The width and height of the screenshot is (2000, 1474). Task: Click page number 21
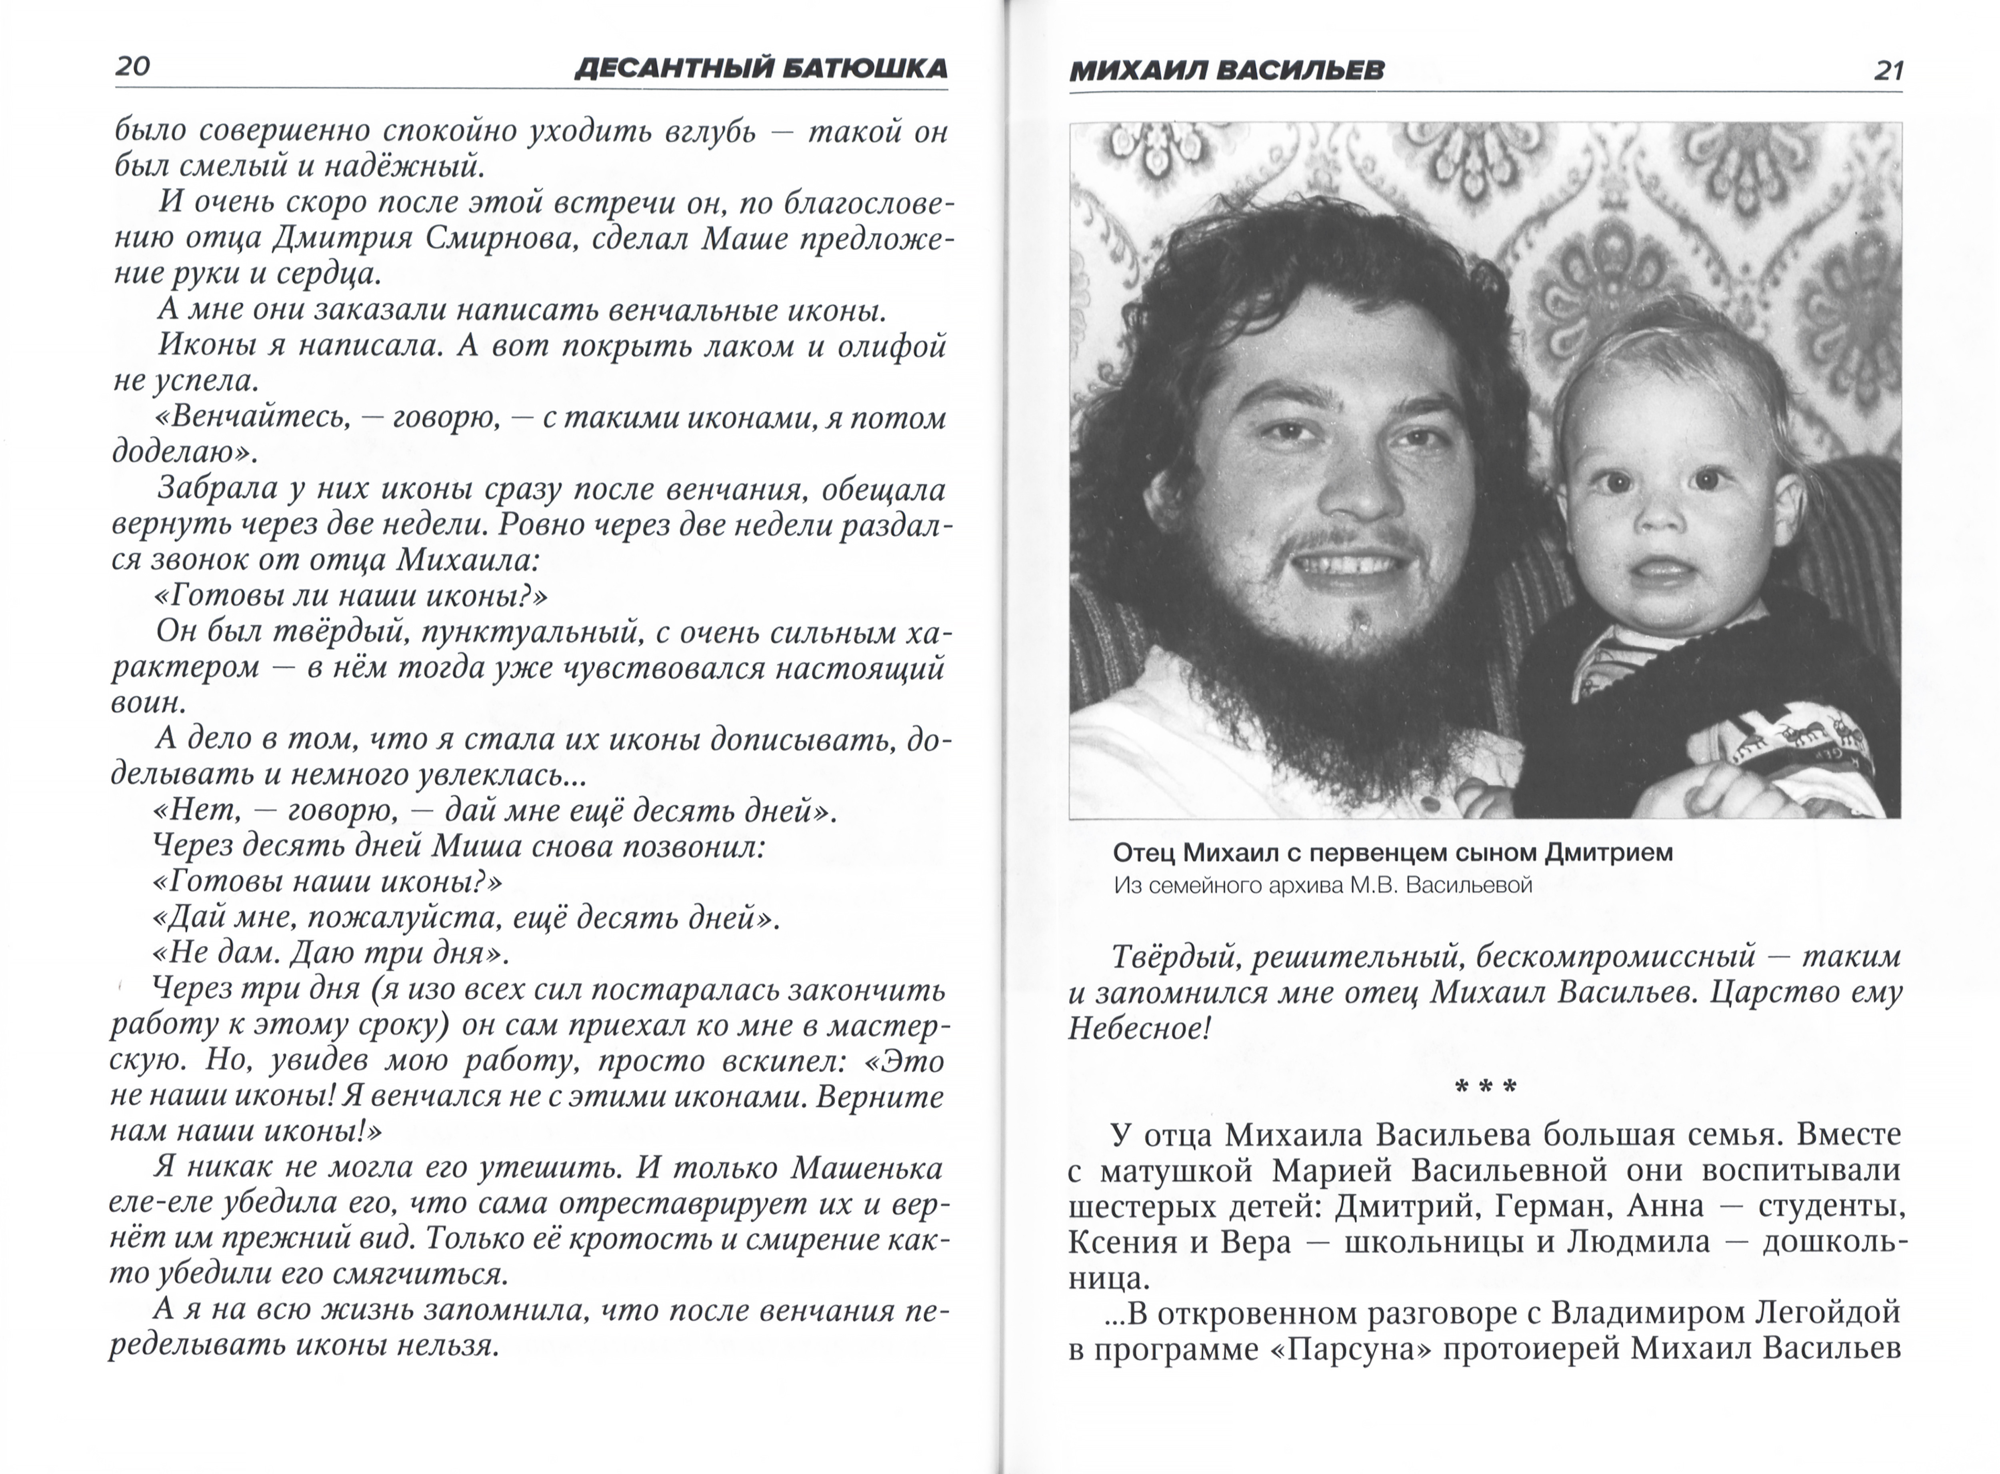1888,70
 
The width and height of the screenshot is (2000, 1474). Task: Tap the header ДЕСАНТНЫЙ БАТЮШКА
760,69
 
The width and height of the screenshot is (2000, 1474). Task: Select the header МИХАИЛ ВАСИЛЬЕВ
1226,70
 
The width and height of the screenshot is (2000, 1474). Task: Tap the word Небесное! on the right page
1139,1029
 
